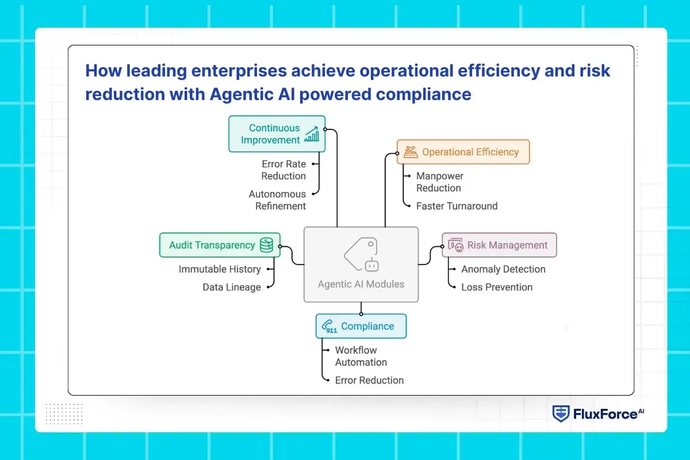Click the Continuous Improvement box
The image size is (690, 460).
tap(277, 134)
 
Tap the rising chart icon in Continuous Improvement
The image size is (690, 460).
tap(312, 135)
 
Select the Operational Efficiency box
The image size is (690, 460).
tap(463, 152)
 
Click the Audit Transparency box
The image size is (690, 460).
tap(220, 245)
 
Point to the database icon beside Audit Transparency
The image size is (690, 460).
tap(266, 245)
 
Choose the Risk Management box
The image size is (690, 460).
tap(499, 245)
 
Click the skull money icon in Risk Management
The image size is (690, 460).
tap(455, 246)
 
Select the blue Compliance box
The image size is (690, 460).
tap(361, 326)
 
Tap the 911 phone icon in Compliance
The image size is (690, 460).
tap(329, 327)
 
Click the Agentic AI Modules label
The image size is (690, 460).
tap(361, 284)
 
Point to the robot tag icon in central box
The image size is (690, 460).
tap(361, 255)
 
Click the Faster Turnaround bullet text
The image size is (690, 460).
tap(457, 206)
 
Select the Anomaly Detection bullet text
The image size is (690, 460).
tap(503, 269)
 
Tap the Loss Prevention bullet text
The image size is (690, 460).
tap(497, 287)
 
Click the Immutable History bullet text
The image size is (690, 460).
tap(220, 269)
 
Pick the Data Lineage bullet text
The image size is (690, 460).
tap(232, 287)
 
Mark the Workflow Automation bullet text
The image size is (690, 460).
tap(361, 356)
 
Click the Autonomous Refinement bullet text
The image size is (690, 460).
tap(277, 200)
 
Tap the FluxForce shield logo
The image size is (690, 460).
tap(561, 413)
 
